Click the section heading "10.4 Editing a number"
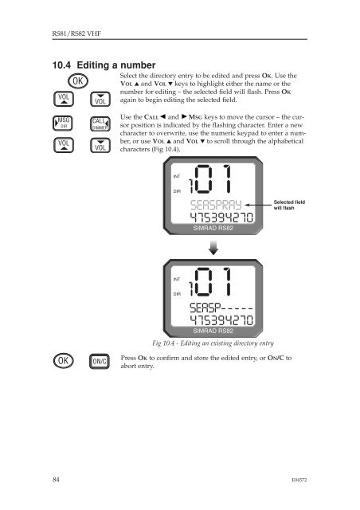(104, 65)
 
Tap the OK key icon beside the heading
(78, 81)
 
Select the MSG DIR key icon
(63, 124)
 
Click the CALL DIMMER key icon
(100, 124)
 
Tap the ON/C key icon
(100, 361)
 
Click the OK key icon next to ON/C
(64, 361)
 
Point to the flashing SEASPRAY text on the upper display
(216, 205)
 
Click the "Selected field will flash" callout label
(289, 205)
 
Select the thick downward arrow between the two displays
(213, 248)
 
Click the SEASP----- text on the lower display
(221, 308)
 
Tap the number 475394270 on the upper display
(221, 218)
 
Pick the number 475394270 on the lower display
(221, 320)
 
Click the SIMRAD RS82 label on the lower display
(213, 331)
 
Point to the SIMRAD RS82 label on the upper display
(213, 228)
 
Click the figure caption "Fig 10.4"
(213, 343)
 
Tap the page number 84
(56, 480)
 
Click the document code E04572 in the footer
(299, 480)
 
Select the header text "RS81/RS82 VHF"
(76, 33)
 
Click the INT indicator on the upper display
(177, 177)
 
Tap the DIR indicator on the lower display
(177, 294)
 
